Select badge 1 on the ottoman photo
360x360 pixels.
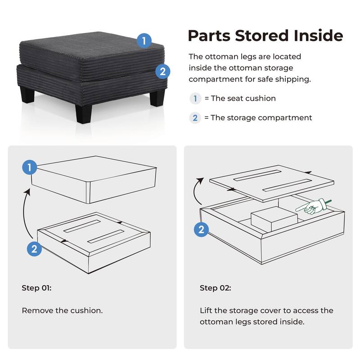tap(144, 41)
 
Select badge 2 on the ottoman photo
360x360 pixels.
tap(162, 71)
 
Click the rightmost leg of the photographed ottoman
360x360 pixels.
tap(157, 97)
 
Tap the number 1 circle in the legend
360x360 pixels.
tap(195, 98)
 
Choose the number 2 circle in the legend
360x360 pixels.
tap(195, 118)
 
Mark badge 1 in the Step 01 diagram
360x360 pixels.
tap(30, 168)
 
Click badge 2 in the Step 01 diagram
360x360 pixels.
tap(34, 249)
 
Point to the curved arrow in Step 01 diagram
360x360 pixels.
tap(28, 211)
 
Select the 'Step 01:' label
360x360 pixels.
tap(36, 288)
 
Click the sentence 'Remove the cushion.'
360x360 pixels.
tap(62, 310)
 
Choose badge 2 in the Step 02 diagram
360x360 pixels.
tap(201, 230)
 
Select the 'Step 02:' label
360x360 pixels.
tap(216, 288)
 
